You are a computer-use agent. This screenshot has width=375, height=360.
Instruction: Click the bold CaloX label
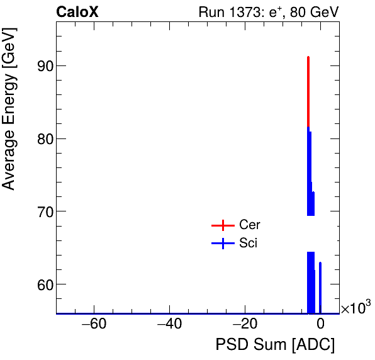tap(77, 12)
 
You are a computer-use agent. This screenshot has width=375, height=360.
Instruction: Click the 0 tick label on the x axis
tap(320, 325)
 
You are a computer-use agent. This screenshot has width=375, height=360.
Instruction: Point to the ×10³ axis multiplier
tap(355, 308)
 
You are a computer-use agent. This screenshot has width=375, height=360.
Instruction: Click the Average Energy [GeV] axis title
tap(9, 120)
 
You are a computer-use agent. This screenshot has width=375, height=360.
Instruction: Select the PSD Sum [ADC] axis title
tap(275, 346)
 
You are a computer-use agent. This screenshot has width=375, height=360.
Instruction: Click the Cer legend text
tap(249, 225)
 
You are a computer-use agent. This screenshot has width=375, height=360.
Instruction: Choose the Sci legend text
tap(248, 243)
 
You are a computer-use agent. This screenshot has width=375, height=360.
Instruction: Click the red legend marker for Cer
tap(222, 225)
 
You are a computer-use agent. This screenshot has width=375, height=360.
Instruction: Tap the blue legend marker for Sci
tap(222, 243)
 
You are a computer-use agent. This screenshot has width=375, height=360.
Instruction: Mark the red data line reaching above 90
tap(308, 88)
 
